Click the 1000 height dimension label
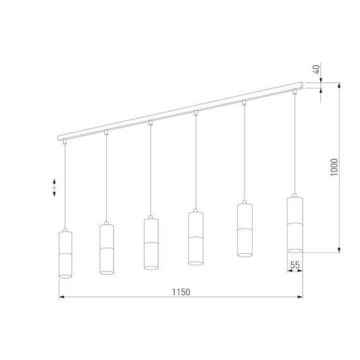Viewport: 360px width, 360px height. [x=335, y=167]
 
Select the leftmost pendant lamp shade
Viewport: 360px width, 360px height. [x=65, y=254]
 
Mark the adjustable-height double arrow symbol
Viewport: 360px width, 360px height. [x=54, y=188]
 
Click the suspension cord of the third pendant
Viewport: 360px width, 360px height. [x=150, y=171]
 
